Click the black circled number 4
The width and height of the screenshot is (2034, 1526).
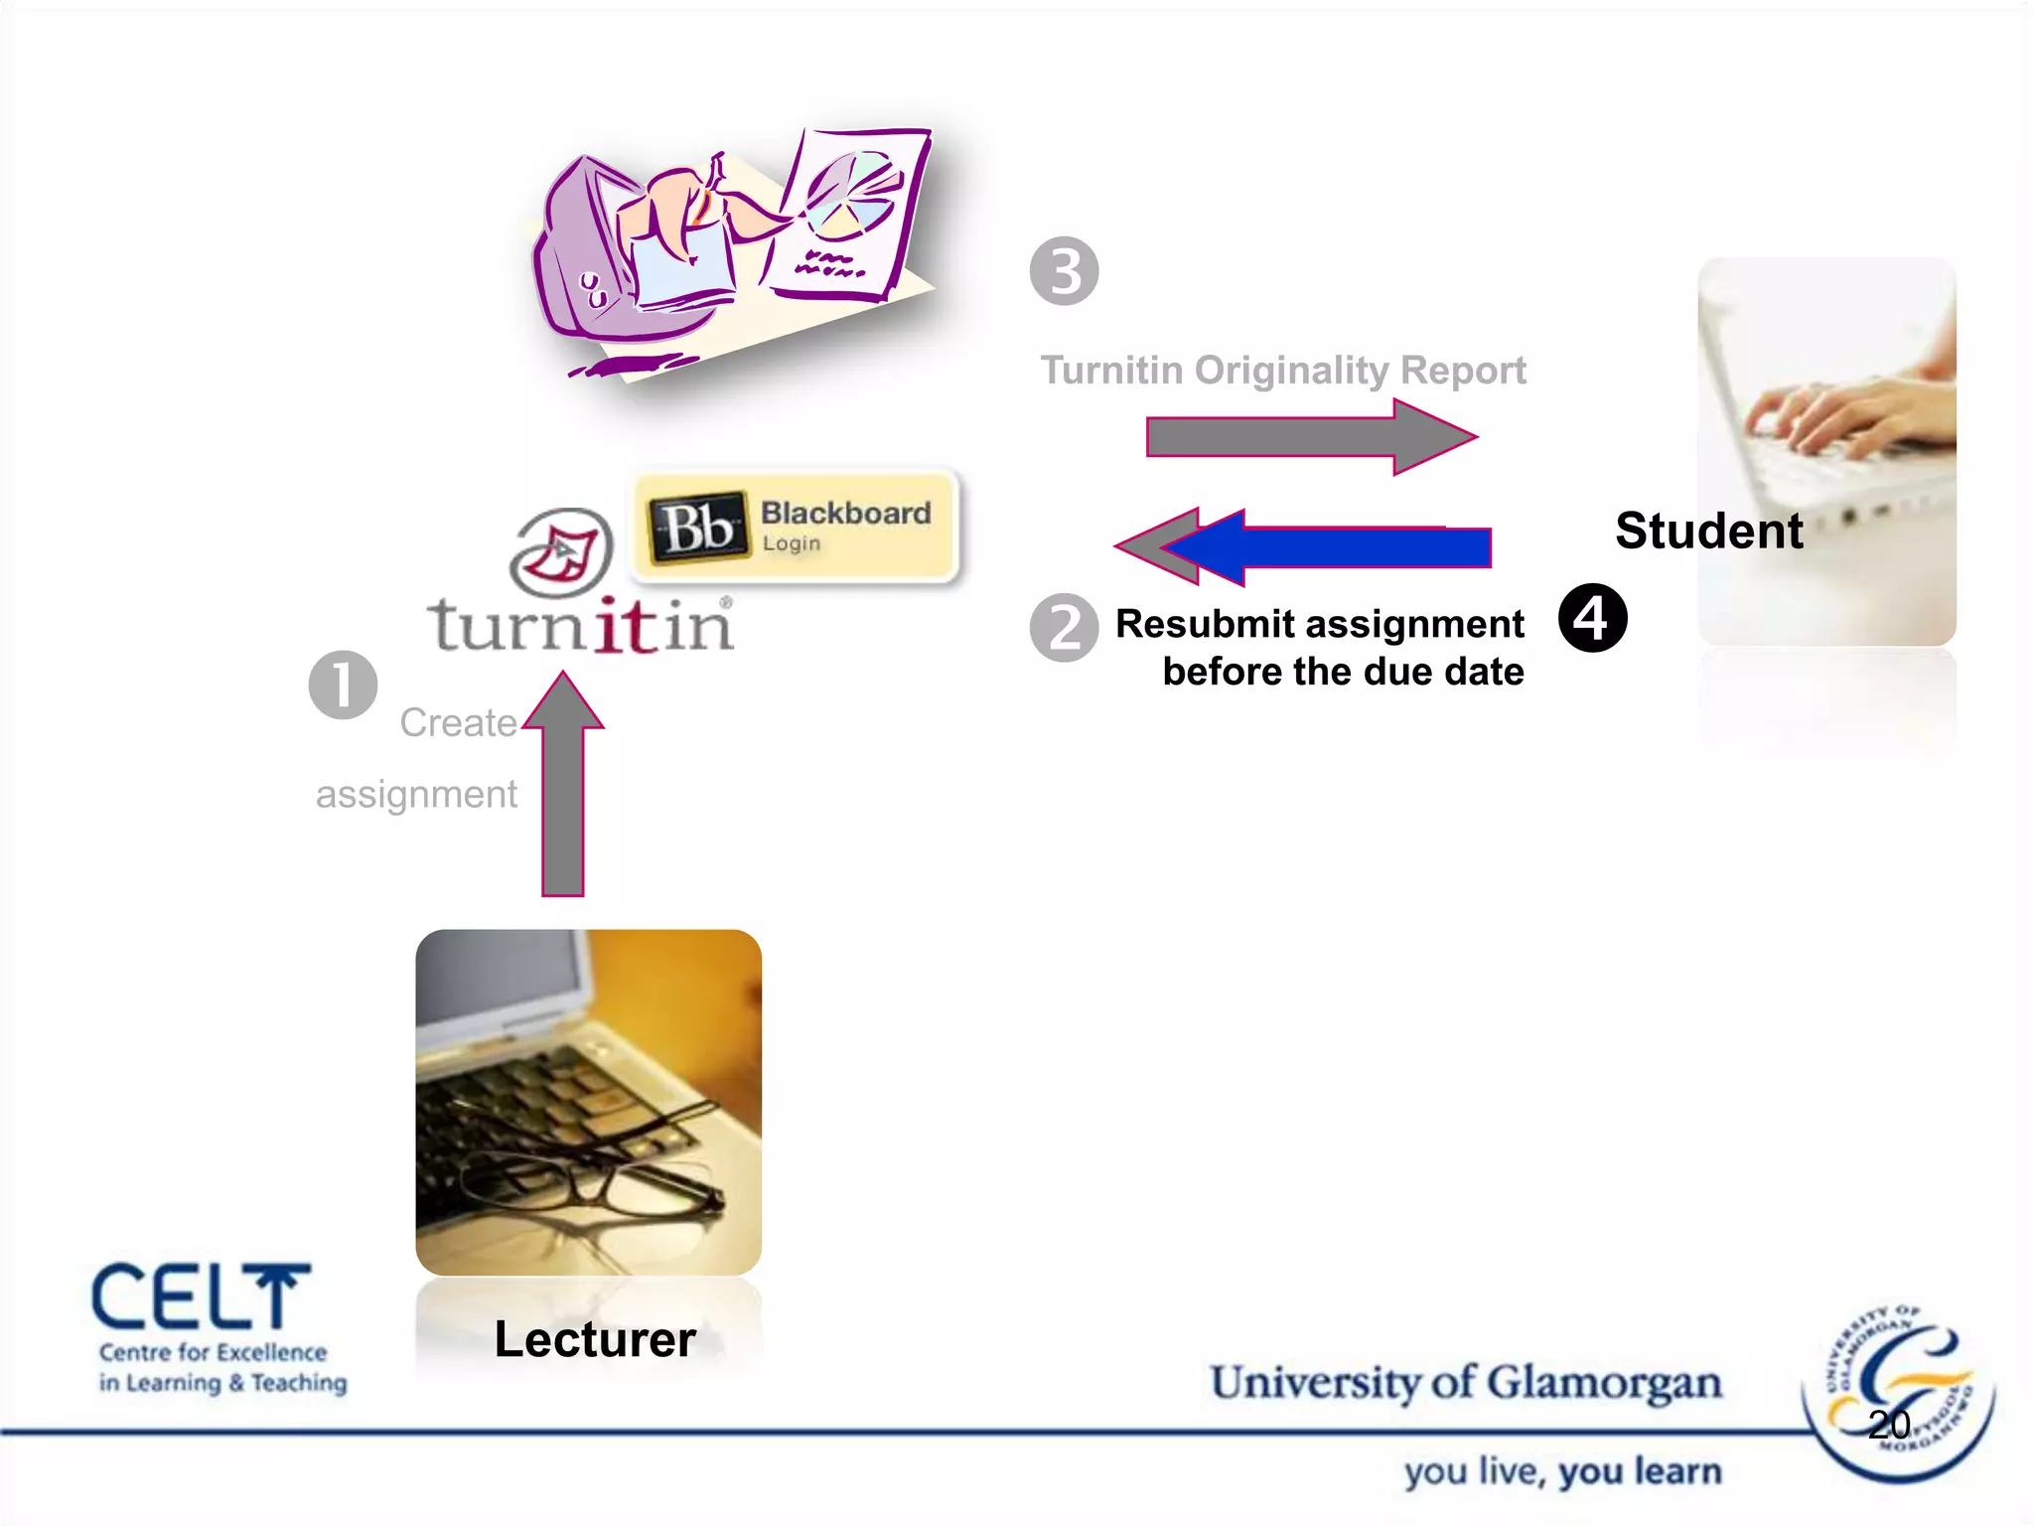[1592, 618]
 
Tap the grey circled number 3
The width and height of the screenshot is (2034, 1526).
[1064, 271]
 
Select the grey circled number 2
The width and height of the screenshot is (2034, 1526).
[1064, 628]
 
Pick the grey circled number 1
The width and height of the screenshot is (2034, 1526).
[343, 685]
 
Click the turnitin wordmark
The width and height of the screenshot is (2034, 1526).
[581, 626]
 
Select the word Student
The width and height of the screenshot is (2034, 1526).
[1708, 531]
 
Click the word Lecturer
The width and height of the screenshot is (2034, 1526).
[595, 1338]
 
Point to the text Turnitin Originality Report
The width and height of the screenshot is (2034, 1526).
[1282, 371]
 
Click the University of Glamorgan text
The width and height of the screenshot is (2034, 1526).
[1465, 1383]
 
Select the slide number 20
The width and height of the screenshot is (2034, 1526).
[1888, 1425]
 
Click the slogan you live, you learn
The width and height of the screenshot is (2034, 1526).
[1562, 1471]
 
